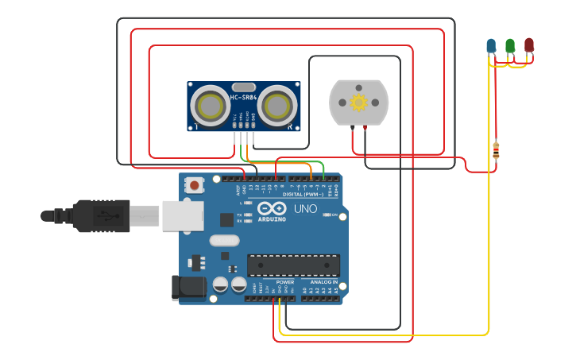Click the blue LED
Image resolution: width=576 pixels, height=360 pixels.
[x=491, y=45]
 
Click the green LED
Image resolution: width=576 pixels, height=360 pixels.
[x=510, y=45]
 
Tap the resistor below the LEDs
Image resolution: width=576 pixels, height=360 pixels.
[x=497, y=149]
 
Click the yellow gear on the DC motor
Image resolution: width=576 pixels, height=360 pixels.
[x=358, y=102]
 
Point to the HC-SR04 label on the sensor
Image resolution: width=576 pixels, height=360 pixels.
[x=243, y=98]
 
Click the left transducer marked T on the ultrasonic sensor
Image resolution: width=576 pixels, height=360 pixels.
[x=210, y=106]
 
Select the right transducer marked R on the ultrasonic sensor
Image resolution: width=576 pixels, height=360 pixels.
[x=277, y=106]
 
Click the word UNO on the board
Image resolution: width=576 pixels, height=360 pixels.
[x=305, y=209]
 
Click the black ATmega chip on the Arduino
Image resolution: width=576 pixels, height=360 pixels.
[x=293, y=265]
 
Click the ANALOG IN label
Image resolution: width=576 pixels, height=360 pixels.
[x=324, y=282]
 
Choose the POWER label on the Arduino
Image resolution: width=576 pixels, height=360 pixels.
[x=285, y=282]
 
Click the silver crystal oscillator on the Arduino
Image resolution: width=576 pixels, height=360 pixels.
[x=224, y=240]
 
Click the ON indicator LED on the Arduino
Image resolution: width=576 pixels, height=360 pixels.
[x=336, y=215]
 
